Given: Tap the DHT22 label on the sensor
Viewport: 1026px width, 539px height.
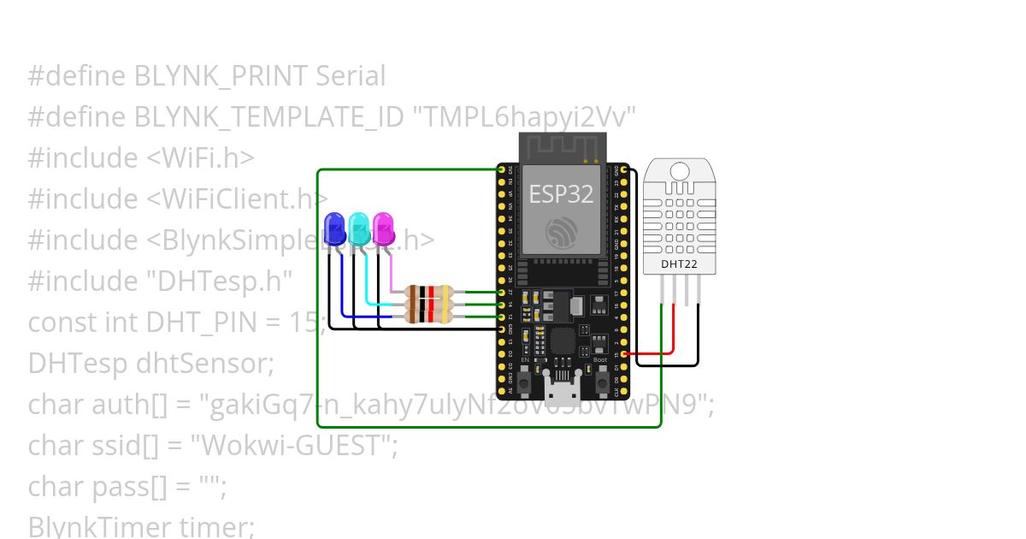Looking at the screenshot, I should [679, 264].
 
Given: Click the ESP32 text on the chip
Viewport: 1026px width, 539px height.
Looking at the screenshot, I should [561, 194].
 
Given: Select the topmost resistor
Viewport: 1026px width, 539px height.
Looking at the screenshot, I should [428, 293].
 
